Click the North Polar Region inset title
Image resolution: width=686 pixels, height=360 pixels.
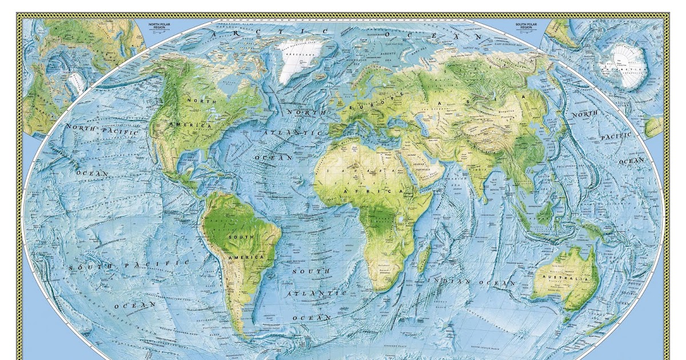159,27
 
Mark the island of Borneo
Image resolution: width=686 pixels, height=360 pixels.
546,213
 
